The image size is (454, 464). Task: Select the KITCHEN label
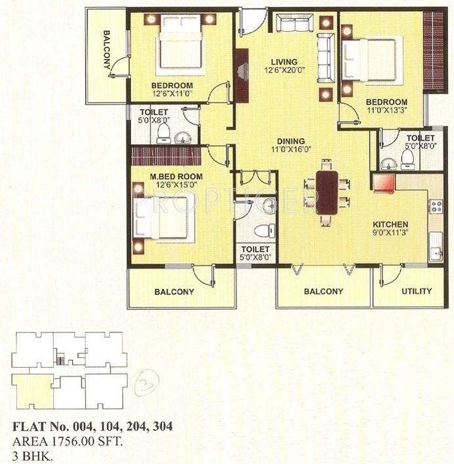point(391,224)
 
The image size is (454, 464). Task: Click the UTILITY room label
point(416,291)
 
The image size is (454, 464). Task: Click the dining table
point(327,192)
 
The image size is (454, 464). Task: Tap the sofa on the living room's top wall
point(294,24)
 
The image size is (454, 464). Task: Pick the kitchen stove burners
point(435,206)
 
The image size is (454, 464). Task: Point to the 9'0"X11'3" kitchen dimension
point(390,232)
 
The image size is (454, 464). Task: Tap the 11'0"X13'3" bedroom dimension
point(386,111)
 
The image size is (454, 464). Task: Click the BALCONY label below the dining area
point(323,291)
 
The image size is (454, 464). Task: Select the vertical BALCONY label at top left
point(106,50)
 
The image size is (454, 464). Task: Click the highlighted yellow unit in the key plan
point(32,390)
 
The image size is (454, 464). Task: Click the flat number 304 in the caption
point(163,426)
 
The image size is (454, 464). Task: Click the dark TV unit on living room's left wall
point(242,76)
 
